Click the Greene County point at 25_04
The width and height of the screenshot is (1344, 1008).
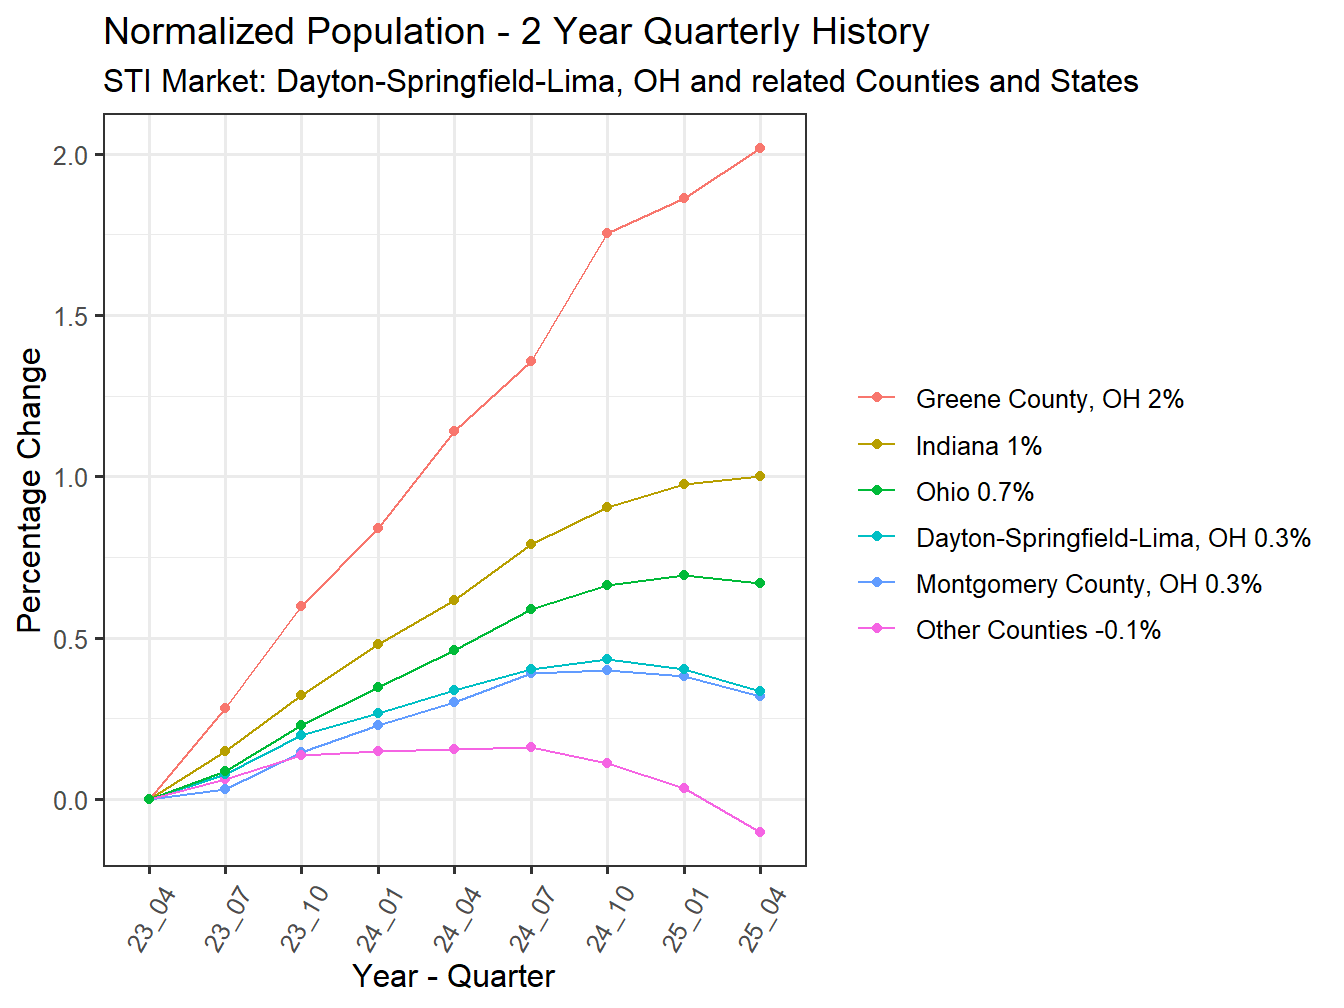point(760,148)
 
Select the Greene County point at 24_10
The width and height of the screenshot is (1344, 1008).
point(607,233)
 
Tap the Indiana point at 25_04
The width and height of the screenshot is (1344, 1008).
point(760,476)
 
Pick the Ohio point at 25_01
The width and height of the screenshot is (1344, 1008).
point(684,575)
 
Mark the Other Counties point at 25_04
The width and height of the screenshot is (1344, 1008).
point(760,832)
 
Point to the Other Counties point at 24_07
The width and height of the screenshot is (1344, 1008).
point(531,747)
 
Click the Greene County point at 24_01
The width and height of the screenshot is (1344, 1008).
point(378,528)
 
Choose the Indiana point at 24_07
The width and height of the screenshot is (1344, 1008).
point(531,544)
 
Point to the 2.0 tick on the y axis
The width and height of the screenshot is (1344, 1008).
point(71,155)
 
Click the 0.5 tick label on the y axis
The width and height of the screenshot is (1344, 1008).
point(71,639)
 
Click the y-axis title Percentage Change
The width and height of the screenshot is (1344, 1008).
point(30,490)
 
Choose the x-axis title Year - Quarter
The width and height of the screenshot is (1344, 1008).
point(453,976)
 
